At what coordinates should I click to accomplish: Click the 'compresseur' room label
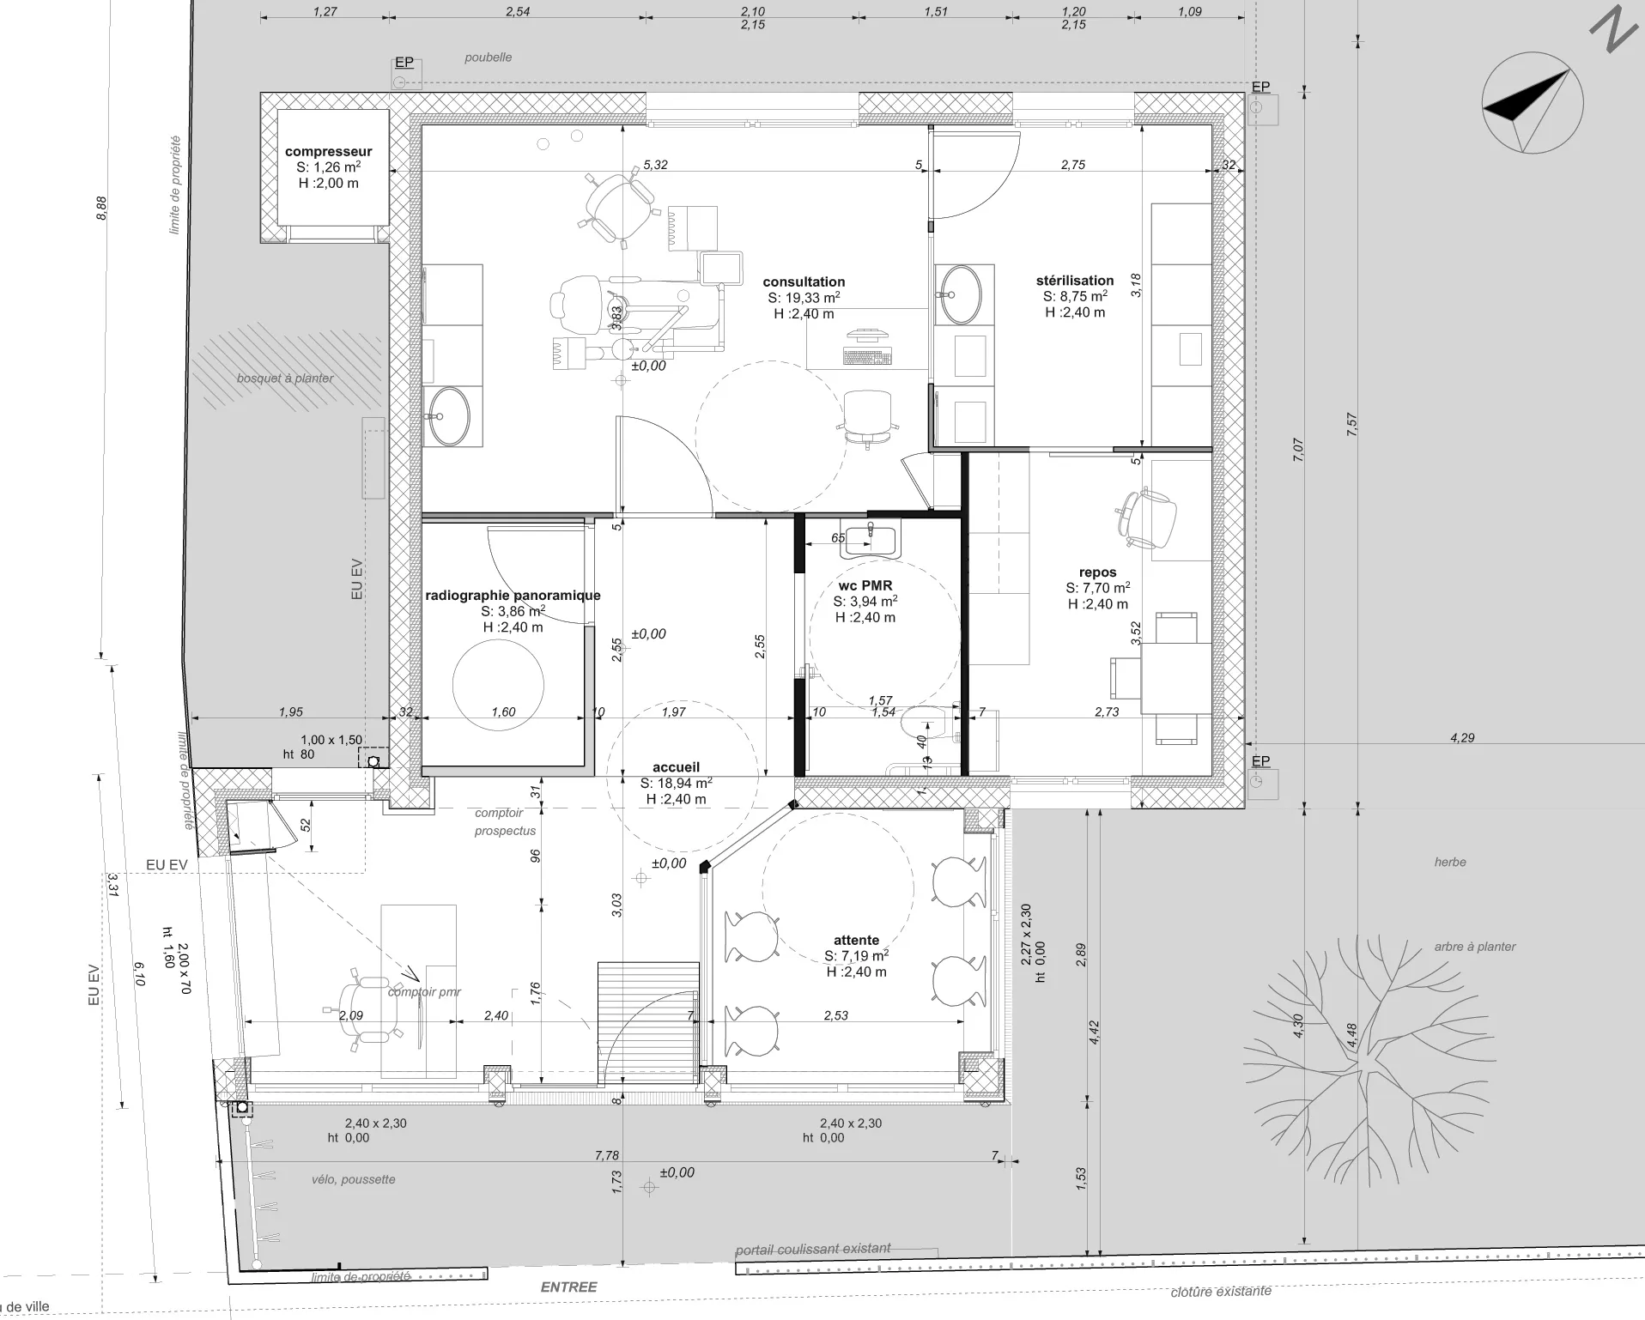pos(329,152)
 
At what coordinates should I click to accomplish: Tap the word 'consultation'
pos(804,282)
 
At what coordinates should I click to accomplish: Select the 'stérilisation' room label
pos(1075,281)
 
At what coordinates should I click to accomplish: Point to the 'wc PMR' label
pos(865,586)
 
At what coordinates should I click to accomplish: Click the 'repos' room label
pos(1098,572)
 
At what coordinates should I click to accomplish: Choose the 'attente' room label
pos(856,940)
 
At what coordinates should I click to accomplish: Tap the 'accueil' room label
pos(677,767)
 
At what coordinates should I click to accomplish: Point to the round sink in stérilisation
pos(960,294)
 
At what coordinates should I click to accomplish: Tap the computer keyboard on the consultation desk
pos(867,355)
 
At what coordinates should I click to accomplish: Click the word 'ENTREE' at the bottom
pos(568,1287)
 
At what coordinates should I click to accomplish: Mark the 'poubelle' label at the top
pos(488,58)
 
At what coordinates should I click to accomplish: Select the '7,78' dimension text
pos(607,1155)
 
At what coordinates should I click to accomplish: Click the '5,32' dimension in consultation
pos(655,165)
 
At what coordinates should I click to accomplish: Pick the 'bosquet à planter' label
pos(285,378)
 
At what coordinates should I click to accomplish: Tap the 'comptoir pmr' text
pos(424,992)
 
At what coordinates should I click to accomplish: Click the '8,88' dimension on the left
pos(102,209)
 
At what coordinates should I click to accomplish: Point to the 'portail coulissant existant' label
pos(813,1250)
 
